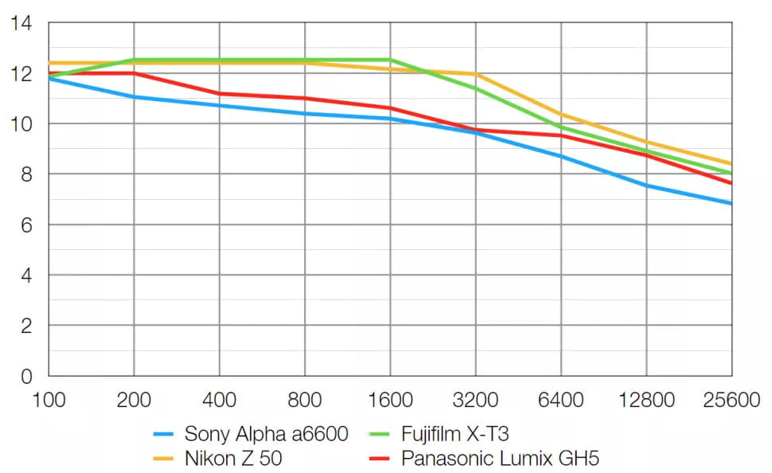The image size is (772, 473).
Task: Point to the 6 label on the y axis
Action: pos(25,225)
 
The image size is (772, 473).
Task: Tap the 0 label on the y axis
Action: pos(25,376)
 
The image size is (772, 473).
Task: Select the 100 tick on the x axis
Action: pos(49,399)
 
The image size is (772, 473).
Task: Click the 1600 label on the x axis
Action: pos(390,399)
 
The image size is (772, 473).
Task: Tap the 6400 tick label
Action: pos(560,399)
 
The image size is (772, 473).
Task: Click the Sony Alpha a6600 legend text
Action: pos(266,435)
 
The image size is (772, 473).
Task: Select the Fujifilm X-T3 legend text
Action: pos(454,435)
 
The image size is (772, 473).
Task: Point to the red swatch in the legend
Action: pos(381,459)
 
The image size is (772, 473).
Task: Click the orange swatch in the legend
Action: pos(165,459)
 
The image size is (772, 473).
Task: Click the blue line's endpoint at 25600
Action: pos(731,203)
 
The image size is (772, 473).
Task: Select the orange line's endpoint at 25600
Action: pos(731,164)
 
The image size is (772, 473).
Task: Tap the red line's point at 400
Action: pos(220,94)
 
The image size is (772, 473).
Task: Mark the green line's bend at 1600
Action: pos(390,60)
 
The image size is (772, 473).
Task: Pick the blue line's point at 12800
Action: pos(646,186)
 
